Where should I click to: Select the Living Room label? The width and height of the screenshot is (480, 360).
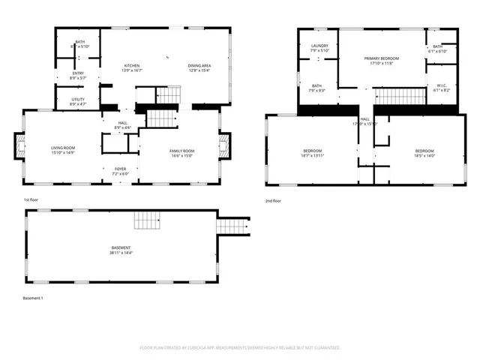click(x=61, y=151)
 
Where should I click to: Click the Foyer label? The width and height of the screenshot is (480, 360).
click(x=121, y=171)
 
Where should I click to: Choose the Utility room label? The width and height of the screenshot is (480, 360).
click(x=78, y=100)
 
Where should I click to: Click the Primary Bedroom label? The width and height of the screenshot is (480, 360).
click(x=381, y=61)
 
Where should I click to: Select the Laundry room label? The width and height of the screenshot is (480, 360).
click(x=320, y=49)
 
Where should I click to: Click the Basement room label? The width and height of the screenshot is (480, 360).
click(x=121, y=250)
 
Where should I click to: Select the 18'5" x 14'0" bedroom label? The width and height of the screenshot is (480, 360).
click(x=424, y=153)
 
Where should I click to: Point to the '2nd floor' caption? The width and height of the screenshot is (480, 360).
click(x=274, y=201)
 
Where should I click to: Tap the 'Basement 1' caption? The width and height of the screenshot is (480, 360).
click(x=33, y=298)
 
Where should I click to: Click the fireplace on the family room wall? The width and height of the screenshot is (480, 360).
click(x=225, y=147)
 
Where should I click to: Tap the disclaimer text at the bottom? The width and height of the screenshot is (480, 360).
click(x=240, y=348)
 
